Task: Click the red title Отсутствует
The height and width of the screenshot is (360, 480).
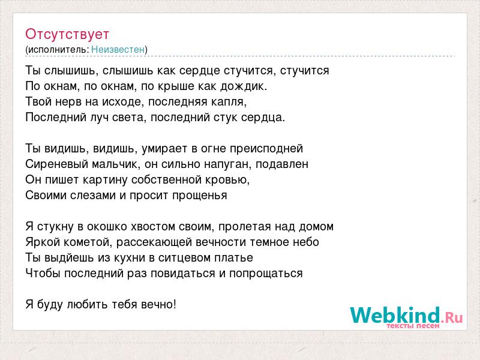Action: click(x=67, y=34)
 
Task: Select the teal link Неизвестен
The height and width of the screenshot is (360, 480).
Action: click(x=118, y=49)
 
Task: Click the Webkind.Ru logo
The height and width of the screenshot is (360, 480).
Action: click(x=406, y=317)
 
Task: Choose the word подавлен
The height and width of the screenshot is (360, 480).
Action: click(x=282, y=164)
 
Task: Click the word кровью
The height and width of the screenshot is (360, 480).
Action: click(x=232, y=180)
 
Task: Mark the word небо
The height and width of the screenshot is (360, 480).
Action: click(x=306, y=242)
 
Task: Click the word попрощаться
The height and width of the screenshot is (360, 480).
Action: click(x=266, y=274)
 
